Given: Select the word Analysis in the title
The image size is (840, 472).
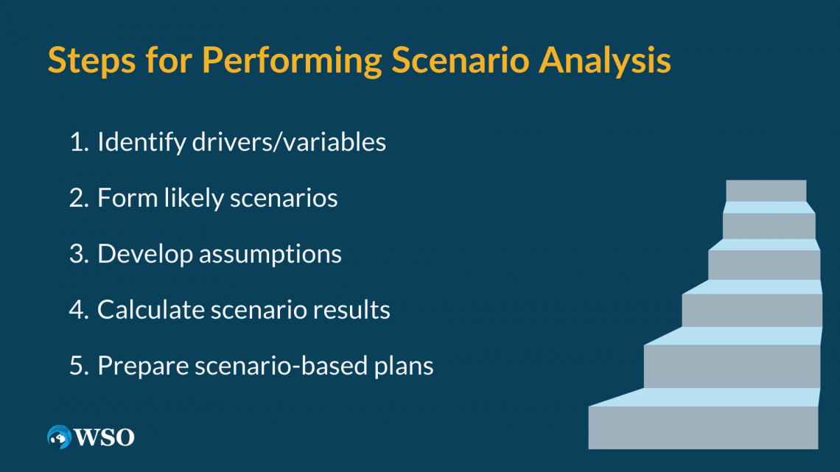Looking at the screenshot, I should coord(604,61).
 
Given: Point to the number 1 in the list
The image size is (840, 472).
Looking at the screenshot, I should coord(77,142).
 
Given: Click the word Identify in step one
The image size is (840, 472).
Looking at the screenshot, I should coord(141,142).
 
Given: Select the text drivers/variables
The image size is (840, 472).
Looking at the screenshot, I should coord(289,142).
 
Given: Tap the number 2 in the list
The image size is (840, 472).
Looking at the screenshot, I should coord(77,198).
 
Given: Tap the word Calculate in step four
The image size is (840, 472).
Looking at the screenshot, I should coord(150,310).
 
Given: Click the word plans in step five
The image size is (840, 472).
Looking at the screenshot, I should coord(409,366).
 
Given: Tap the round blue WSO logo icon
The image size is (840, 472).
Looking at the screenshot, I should coord(57,437).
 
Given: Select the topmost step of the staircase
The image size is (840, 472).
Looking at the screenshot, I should coord(766,191).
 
